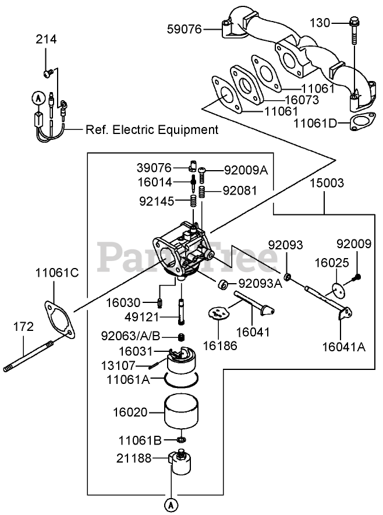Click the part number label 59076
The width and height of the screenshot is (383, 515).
(184, 29)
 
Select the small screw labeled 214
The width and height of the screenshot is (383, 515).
(48, 73)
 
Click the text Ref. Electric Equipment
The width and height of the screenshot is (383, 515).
(152, 130)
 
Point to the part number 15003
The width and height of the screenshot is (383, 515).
(327, 183)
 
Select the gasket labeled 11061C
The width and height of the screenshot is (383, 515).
(60, 319)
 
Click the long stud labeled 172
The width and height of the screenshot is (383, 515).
(28, 356)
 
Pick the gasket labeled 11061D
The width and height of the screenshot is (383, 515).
(362, 122)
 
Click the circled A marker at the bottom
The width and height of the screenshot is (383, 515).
(171, 505)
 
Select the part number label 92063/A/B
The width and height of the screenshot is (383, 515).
(130, 336)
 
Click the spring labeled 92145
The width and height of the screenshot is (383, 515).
(194, 200)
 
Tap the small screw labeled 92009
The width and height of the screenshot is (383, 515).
(356, 277)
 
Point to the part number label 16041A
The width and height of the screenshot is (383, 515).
(344, 347)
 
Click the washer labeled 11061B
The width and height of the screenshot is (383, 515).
(181, 439)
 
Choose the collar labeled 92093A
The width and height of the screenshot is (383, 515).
(223, 284)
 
